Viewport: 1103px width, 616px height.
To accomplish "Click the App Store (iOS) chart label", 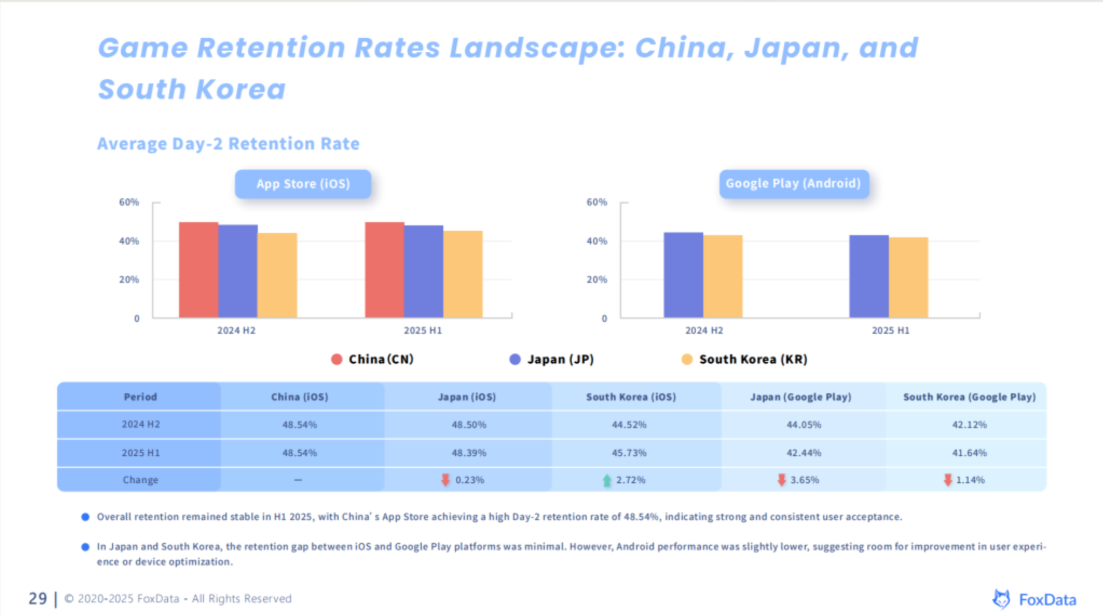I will tap(303, 184).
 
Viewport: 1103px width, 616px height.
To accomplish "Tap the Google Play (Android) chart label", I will tap(793, 183).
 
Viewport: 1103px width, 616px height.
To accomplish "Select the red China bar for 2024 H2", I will tap(198, 269).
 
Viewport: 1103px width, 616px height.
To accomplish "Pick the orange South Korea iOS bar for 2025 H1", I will tap(463, 274).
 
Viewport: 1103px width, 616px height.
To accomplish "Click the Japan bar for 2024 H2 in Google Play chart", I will tap(683, 275).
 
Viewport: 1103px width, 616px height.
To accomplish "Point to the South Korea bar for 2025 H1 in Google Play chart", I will tap(908, 277).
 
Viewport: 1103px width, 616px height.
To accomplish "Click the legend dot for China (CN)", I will tap(337, 359).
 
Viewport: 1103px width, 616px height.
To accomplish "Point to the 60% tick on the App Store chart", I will tap(129, 202).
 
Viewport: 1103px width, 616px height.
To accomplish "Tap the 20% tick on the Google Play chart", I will tap(597, 280).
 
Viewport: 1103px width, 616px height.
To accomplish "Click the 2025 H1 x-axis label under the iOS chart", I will tap(423, 330).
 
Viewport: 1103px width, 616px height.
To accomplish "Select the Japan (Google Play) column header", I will tap(801, 397).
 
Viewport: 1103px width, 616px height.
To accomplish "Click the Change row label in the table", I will tap(140, 480).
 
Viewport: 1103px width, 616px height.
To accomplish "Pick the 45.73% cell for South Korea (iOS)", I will tap(629, 453).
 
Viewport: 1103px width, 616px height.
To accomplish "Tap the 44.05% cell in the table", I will tap(804, 425).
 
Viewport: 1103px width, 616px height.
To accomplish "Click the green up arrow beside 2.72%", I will tap(607, 480).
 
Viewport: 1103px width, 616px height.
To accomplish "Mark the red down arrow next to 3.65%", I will tap(782, 480).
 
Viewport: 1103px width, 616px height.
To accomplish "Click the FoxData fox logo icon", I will tap(1002, 599).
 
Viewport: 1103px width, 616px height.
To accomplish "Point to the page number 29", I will tap(38, 598).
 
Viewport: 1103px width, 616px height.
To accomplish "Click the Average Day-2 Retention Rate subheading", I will tap(228, 144).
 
